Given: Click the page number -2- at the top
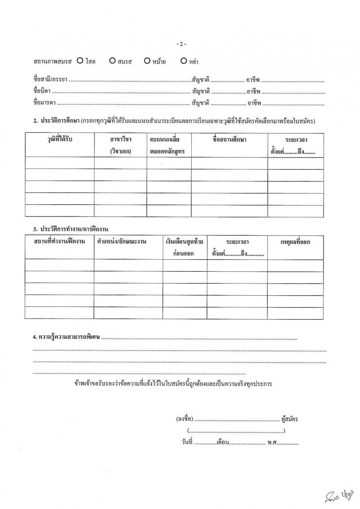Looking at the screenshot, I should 181,44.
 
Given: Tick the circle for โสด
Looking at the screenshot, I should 80,60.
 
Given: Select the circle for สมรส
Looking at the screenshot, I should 112,60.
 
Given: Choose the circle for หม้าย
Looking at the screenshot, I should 147,60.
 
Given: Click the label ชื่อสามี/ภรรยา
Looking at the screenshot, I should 50,81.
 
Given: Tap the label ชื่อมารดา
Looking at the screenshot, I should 44,103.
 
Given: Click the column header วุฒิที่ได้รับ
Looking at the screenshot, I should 60,139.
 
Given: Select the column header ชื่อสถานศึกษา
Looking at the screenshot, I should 229,139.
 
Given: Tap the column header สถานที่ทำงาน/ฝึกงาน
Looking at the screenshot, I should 59,242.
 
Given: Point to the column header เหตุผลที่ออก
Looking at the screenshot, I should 295,242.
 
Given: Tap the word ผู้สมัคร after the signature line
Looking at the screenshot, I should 289,419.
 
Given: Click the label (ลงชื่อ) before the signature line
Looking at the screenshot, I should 185,419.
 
